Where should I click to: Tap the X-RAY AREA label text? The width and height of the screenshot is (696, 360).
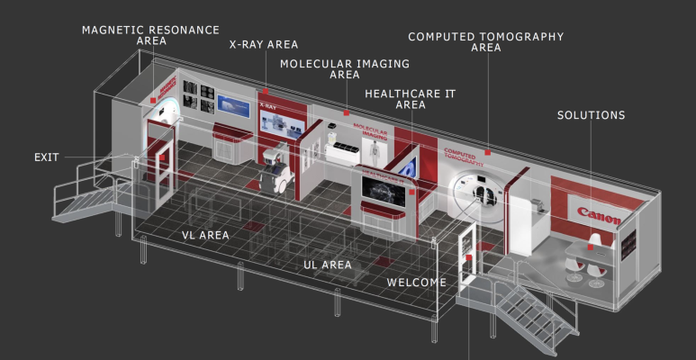pos(264,44)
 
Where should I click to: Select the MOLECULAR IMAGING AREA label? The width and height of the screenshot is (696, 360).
pos(344,69)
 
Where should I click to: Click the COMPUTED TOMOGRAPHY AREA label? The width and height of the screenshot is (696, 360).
pos(485,42)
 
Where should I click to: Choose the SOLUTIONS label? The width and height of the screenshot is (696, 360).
pos(591,115)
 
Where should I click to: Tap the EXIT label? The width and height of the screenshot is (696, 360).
pos(46,157)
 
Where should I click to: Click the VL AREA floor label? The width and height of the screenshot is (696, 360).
pos(205,235)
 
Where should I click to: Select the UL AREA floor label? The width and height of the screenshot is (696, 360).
pos(327,265)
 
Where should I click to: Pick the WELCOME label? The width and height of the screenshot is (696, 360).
pos(417,282)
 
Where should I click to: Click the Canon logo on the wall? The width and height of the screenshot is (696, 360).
pos(599,216)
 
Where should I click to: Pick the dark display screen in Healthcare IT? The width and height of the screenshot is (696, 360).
pos(385,192)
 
